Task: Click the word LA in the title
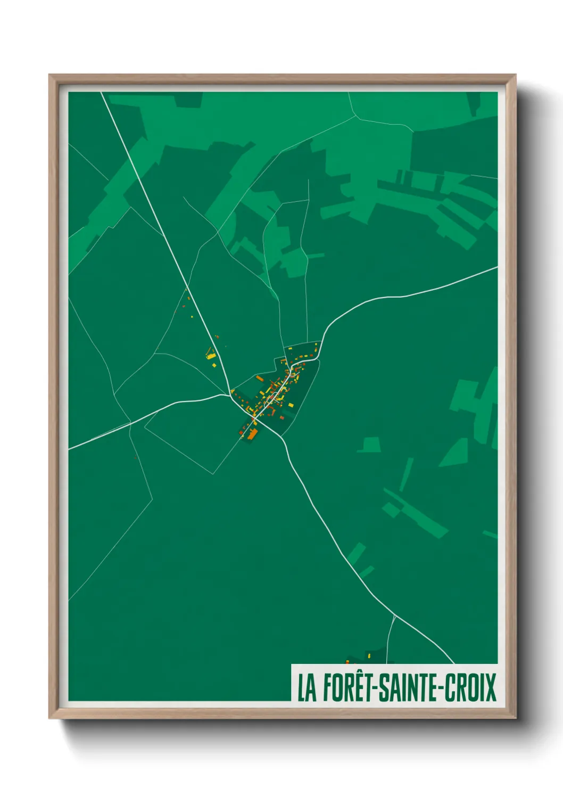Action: (307, 688)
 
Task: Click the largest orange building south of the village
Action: (252, 434)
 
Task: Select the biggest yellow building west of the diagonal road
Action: (211, 355)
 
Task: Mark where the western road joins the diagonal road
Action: (229, 395)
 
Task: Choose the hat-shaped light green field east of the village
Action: (369, 445)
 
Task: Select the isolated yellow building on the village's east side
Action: (291, 405)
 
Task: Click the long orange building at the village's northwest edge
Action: (260, 379)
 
